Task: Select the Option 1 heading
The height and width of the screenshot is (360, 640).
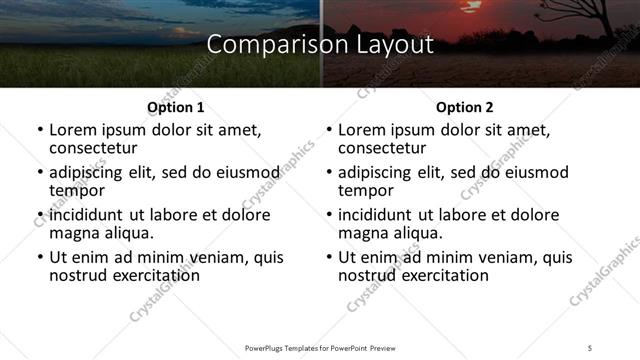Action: coord(176,107)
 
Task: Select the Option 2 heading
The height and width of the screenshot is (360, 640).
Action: coord(465,107)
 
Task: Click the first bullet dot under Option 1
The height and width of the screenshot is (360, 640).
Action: coord(40,131)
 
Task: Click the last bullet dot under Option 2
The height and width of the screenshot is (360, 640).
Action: coord(329,257)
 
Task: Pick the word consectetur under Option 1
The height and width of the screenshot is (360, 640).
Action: coord(96,149)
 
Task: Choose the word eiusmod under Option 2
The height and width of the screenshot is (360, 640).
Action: coord(531,173)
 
